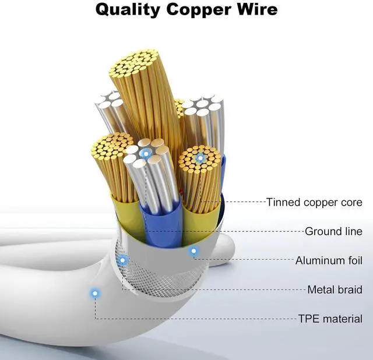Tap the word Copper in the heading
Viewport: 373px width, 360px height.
pos(205,10)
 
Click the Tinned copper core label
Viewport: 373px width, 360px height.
pos(314,203)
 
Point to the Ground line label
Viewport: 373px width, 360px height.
pos(333,231)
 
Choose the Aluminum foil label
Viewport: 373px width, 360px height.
pos(329,260)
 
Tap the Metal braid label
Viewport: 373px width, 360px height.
pos(335,290)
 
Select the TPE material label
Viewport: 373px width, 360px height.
pos(330,319)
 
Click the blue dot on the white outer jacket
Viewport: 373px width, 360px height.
pos(94,294)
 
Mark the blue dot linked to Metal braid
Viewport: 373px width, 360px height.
pos(122,260)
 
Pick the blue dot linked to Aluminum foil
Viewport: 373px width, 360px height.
pos(194,252)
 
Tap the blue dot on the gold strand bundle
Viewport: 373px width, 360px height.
pos(200,157)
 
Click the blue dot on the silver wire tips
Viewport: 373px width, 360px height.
pos(146,153)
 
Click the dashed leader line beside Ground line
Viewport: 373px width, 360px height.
pos(262,231)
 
